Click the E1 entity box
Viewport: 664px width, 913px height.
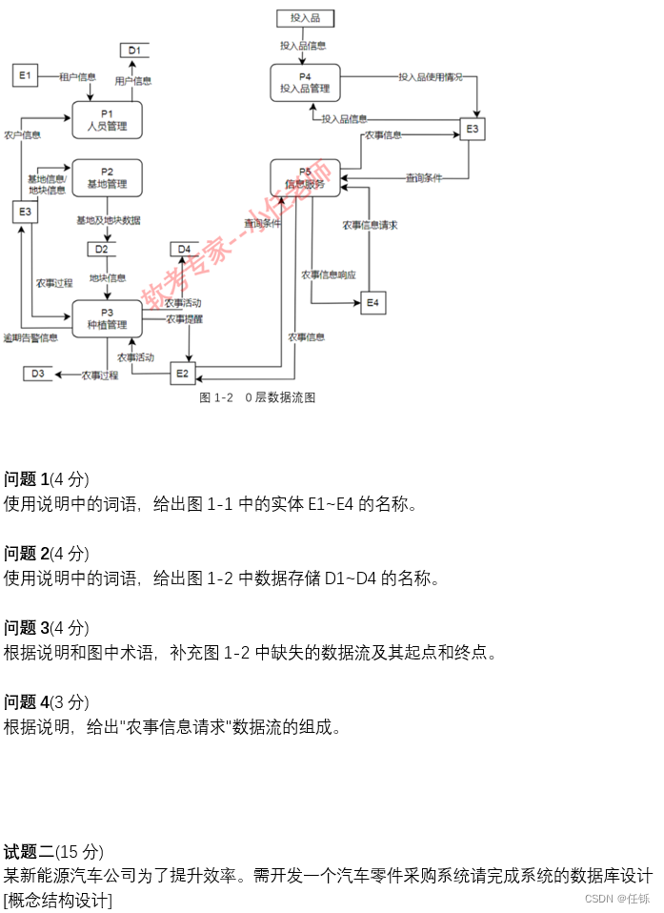click(x=25, y=75)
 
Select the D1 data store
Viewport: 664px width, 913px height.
click(x=134, y=51)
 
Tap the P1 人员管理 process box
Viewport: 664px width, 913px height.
click(x=107, y=120)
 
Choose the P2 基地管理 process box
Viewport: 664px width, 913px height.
click(x=107, y=177)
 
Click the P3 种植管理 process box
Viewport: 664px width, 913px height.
click(x=107, y=318)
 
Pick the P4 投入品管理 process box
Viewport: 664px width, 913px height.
click(x=305, y=83)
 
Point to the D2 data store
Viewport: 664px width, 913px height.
click(x=101, y=250)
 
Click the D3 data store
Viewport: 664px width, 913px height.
click(x=38, y=374)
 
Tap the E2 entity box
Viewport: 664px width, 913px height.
click(x=183, y=374)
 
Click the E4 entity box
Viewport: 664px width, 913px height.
click(x=372, y=303)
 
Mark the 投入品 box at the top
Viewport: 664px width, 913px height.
click(x=305, y=18)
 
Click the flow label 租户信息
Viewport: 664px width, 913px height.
click(x=77, y=76)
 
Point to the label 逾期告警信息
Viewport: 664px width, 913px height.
click(x=30, y=337)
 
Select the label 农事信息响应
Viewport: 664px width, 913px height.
click(x=329, y=274)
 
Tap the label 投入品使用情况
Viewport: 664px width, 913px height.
click(x=431, y=76)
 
